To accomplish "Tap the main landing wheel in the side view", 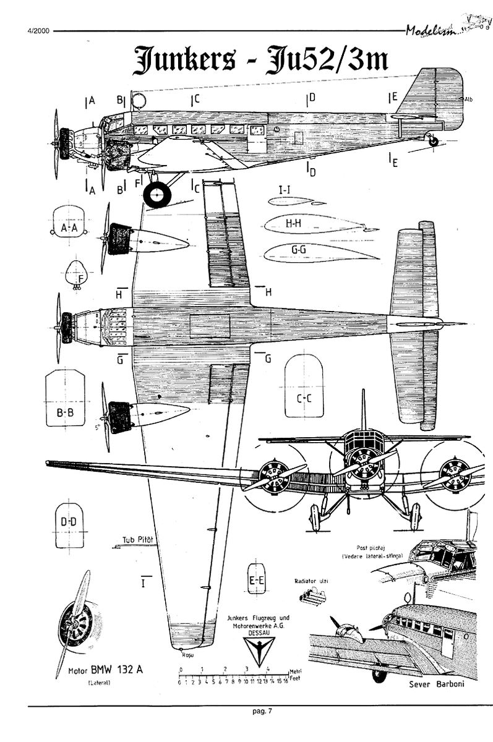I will click(157, 195).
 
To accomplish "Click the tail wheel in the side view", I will click(433, 142).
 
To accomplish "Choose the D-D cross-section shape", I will click(68, 526).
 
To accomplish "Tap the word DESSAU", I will click(256, 633).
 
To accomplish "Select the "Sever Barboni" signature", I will click(436, 684).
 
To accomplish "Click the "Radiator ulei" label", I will click(311, 581).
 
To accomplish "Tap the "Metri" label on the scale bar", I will click(294, 671).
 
